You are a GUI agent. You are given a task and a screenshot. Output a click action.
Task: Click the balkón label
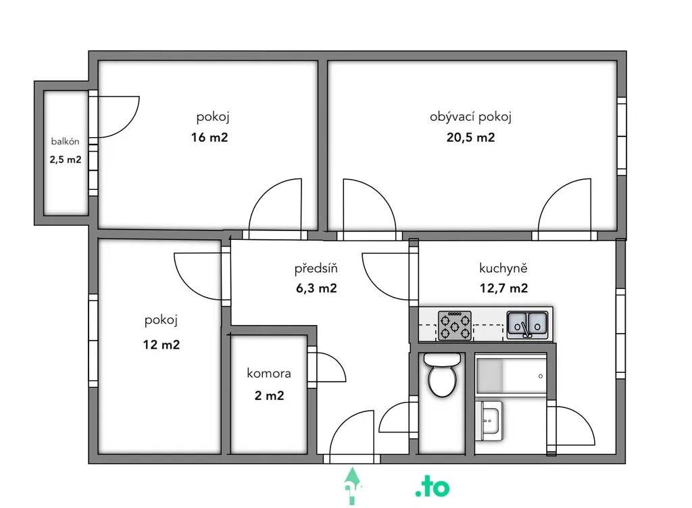click(x=66, y=142)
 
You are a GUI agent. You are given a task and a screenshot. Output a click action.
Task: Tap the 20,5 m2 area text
click(x=470, y=138)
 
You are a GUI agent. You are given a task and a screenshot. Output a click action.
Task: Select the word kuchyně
click(x=503, y=268)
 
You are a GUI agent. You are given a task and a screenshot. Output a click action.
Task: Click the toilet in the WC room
click(x=442, y=376)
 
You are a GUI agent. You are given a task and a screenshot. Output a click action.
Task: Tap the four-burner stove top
click(x=455, y=326)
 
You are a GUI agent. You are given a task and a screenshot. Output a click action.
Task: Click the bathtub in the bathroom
click(x=512, y=376)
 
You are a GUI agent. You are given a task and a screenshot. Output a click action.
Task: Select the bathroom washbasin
click(x=489, y=421)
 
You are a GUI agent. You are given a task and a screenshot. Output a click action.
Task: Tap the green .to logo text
click(x=432, y=487)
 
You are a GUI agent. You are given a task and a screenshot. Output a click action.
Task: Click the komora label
click(x=269, y=374)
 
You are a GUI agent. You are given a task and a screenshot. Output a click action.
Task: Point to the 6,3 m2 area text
click(x=316, y=288)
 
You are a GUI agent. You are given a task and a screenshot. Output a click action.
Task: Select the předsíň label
click(x=316, y=268)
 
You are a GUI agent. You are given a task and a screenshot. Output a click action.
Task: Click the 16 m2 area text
click(x=209, y=138)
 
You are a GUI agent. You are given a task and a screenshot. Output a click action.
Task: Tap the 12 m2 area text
click(x=161, y=345)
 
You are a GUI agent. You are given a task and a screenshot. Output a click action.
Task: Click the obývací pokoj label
click(x=470, y=117)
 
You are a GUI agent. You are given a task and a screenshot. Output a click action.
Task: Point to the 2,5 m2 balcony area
click(x=66, y=159)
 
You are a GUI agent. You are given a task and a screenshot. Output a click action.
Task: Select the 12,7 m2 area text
click(x=503, y=288)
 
